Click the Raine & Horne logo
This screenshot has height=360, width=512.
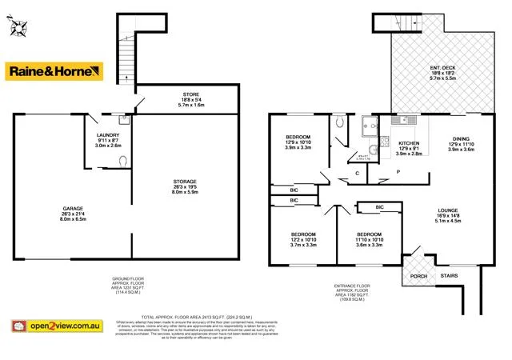[x=55, y=71]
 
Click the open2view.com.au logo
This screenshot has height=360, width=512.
[x=55, y=326]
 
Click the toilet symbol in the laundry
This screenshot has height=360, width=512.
[x=122, y=161]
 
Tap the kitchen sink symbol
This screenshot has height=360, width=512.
[x=405, y=121]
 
